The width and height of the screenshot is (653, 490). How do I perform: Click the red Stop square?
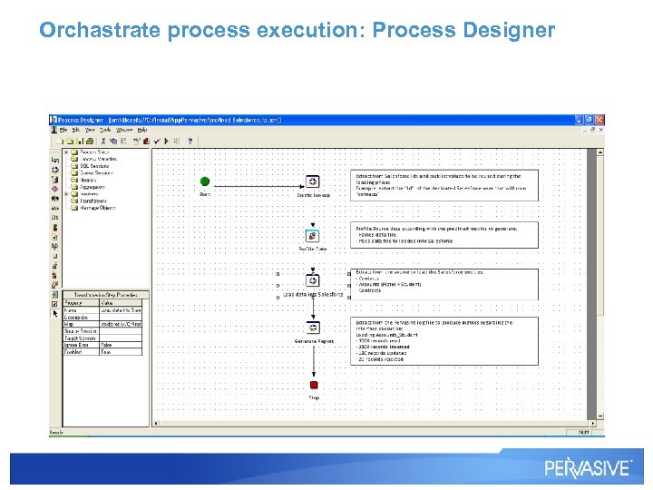(x=314, y=385)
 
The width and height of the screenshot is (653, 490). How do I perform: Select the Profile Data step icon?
(x=313, y=235)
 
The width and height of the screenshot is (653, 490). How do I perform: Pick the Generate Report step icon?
(x=313, y=328)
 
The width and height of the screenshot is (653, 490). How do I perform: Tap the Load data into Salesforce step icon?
(x=313, y=280)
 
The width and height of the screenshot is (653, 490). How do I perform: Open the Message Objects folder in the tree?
(x=98, y=208)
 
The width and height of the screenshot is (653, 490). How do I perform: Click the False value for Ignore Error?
(x=107, y=346)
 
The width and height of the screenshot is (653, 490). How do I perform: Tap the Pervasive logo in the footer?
(x=587, y=468)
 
